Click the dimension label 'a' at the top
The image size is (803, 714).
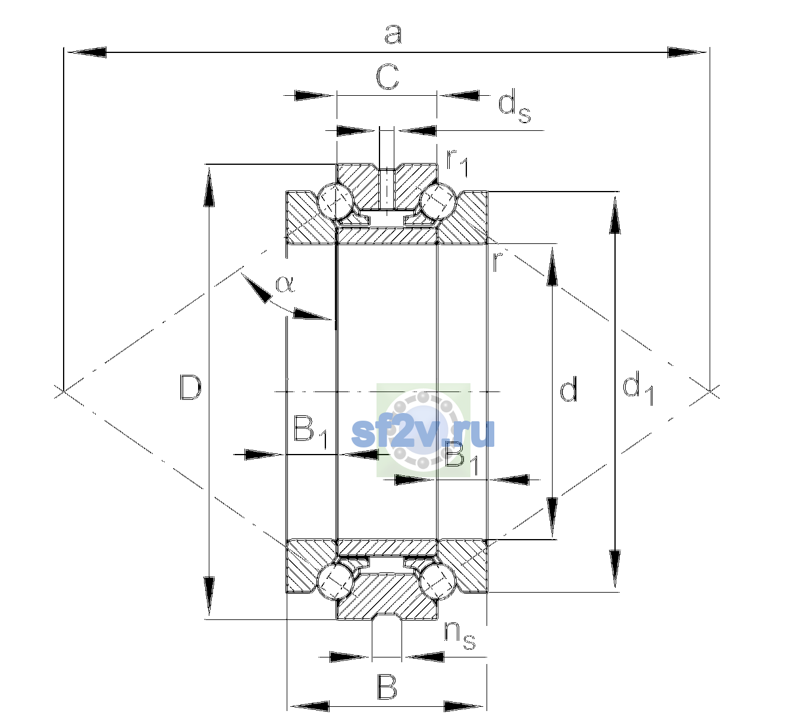pyautogui.click(x=393, y=35)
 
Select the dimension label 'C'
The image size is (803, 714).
pyautogui.click(x=387, y=77)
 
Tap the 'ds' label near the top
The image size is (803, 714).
pyautogui.click(x=514, y=106)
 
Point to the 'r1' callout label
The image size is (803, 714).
pyautogui.click(x=457, y=162)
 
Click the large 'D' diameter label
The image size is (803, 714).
pyautogui.click(x=191, y=387)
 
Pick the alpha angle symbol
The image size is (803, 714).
pyautogui.click(x=286, y=284)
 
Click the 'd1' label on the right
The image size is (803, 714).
pyautogui.click(x=638, y=387)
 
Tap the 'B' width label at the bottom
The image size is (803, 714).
pyautogui.click(x=387, y=687)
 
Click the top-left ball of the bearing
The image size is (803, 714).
pyautogui.click(x=336, y=201)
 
